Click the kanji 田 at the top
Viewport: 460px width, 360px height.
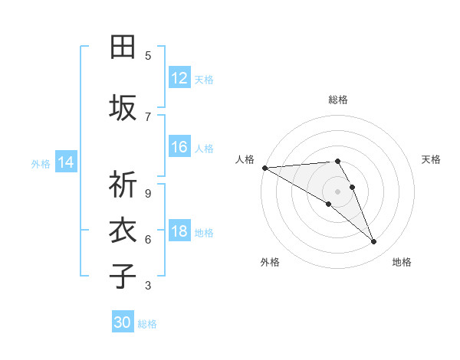123,48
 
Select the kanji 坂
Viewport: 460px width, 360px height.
123,108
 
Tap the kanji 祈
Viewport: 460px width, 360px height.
123,185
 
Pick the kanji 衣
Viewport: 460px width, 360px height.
123,231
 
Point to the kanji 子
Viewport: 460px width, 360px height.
123,277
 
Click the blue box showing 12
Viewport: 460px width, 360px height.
179,78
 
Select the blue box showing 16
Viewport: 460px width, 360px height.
179,148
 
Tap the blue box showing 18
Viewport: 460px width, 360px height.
179,231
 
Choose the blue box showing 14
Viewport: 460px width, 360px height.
66,162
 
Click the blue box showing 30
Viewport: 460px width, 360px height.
123,322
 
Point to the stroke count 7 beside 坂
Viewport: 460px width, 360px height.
148,117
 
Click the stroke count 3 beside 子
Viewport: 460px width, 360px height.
148,286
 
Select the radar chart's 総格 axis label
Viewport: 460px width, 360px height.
338,100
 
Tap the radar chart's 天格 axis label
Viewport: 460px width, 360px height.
431,159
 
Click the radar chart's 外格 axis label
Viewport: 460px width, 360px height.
270,262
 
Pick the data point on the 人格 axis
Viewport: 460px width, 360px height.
264,168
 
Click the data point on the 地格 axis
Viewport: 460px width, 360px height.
374,242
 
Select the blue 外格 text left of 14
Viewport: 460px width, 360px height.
41,163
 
